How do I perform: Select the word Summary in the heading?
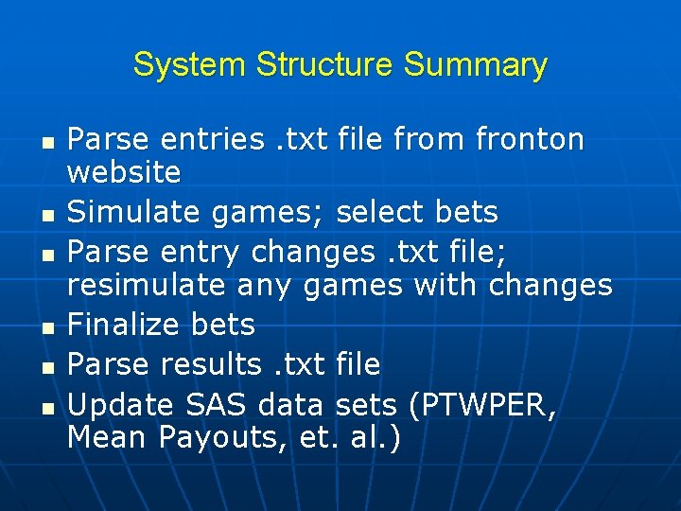pyautogui.click(x=475, y=65)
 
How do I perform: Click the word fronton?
pyautogui.click(x=530, y=140)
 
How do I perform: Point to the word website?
pyautogui.click(x=124, y=172)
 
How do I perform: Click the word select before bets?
pyautogui.click(x=379, y=213)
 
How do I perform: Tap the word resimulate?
pyautogui.click(x=147, y=284)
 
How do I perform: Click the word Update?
pyautogui.click(x=120, y=405)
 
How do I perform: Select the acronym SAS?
pyautogui.click(x=216, y=405)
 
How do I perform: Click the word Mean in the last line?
pyautogui.click(x=108, y=437)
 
